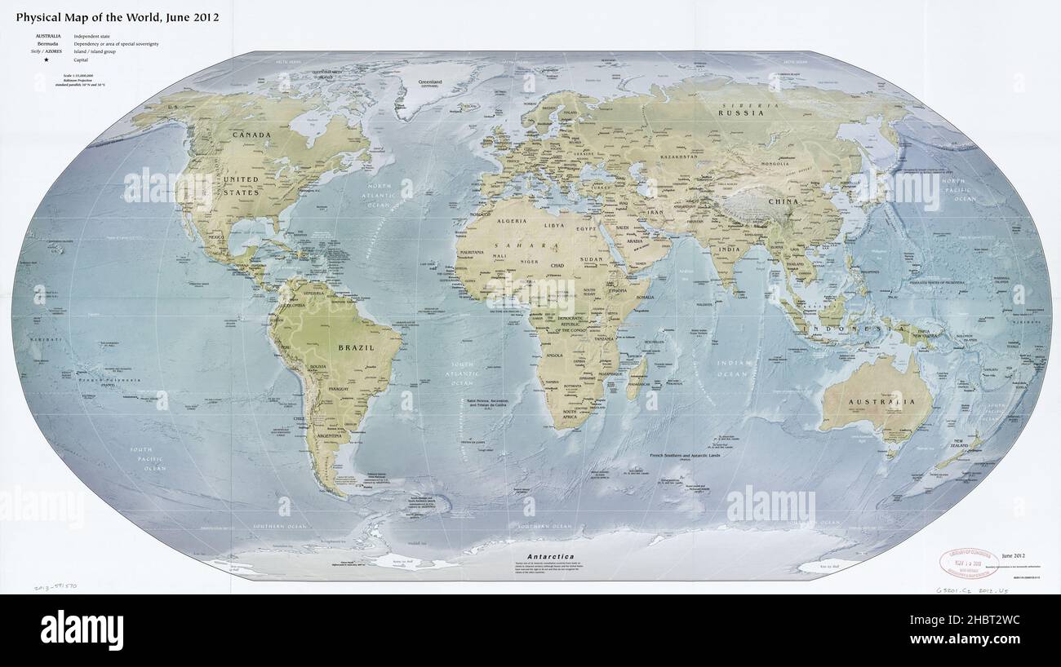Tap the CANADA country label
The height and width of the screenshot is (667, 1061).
[x=251, y=135]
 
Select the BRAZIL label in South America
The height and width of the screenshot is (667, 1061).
[x=357, y=347]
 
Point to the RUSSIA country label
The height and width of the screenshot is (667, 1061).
[x=740, y=113]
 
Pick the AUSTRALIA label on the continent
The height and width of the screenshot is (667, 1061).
[x=878, y=402]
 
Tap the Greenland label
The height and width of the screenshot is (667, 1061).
[x=429, y=82]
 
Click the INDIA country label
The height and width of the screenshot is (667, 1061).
[x=728, y=249]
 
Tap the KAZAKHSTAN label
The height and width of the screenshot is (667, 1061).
[x=679, y=156]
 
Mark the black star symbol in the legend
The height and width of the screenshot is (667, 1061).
[x=47, y=60]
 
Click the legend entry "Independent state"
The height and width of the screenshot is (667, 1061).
[x=92, y=37]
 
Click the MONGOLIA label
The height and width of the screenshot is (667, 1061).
[x=774, y=164]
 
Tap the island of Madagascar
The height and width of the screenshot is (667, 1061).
[x=637, y=379]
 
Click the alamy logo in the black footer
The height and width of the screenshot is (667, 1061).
[x=82, y=630]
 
